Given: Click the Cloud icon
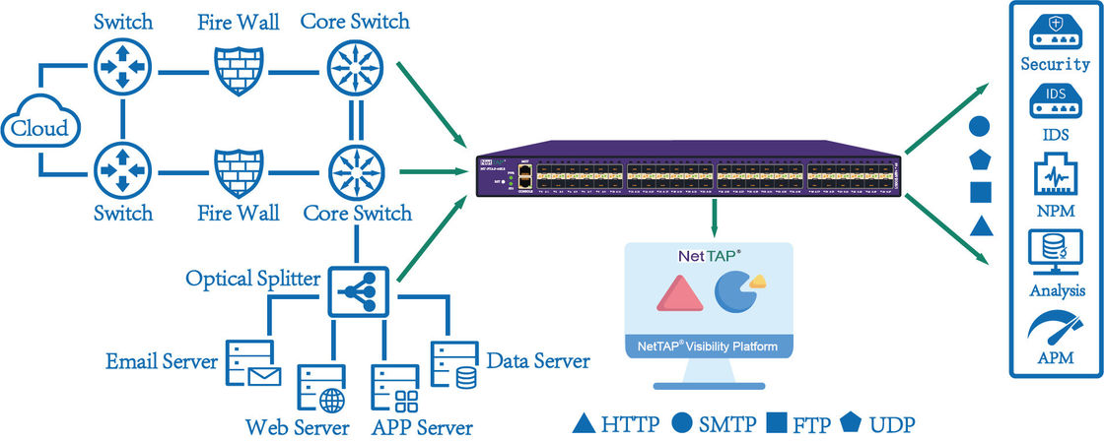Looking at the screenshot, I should (x=39, y=126).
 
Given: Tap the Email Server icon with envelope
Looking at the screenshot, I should (x=252, y=362).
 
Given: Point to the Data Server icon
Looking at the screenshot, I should (x=454, y=362).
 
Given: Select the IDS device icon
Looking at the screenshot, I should (x=1055, y=100).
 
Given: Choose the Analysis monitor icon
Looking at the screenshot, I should (x=1055, y=252).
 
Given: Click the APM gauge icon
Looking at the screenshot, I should (x=1055, y=328).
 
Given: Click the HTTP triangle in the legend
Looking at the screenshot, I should (x=584, y=425).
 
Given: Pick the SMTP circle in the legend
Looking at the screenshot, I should (x=680, y=425).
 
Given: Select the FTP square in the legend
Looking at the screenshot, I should (x=776, y=425).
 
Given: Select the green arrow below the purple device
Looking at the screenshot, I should (x=713, y=216).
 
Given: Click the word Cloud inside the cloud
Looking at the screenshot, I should (x=39, y=129).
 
